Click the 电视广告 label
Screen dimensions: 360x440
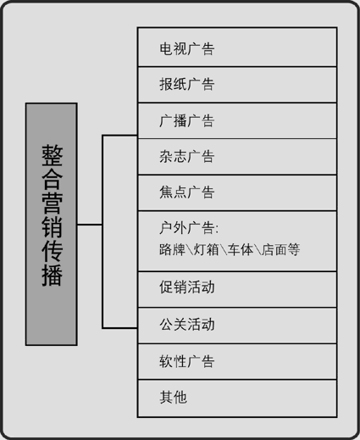point(187,48)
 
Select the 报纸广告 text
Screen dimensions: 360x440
point(187,84)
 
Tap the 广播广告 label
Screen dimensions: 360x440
point(187,120)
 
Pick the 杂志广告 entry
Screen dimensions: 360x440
point(187,156)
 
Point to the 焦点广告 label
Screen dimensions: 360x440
point(187,192)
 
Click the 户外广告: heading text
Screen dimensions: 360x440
point(189,228)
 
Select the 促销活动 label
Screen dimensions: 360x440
point(187,287)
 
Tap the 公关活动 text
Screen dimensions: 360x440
point(187,324)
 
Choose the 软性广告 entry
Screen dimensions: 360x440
point(187,361)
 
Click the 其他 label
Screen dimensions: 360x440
point(173,397)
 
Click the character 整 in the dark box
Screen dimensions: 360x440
point(53,155)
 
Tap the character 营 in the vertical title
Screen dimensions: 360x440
point(53,203)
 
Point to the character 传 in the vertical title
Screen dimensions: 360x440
point(53,251)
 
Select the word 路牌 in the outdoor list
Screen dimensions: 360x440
point(172,249)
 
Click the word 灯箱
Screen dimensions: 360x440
point(207,249)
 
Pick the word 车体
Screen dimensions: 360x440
point(241,249)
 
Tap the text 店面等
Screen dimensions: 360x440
point(281,249)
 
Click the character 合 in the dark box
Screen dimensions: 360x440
point(53,179)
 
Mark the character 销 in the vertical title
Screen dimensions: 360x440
point(53,227)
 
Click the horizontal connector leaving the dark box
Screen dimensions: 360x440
point(90,225)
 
